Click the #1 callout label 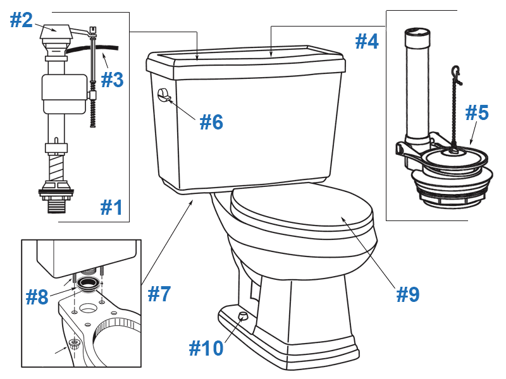pos(111,207)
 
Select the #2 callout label pos(21,20)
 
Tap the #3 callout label pos(111,80)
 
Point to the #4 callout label pos(366,42)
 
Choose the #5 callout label pos(477,113)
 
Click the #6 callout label pos(211,122)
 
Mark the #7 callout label pos(159,293)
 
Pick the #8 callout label pos(37,297)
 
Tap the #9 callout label pos(407,294)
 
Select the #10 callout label pos(206,347)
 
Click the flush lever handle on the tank pos(163,95)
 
